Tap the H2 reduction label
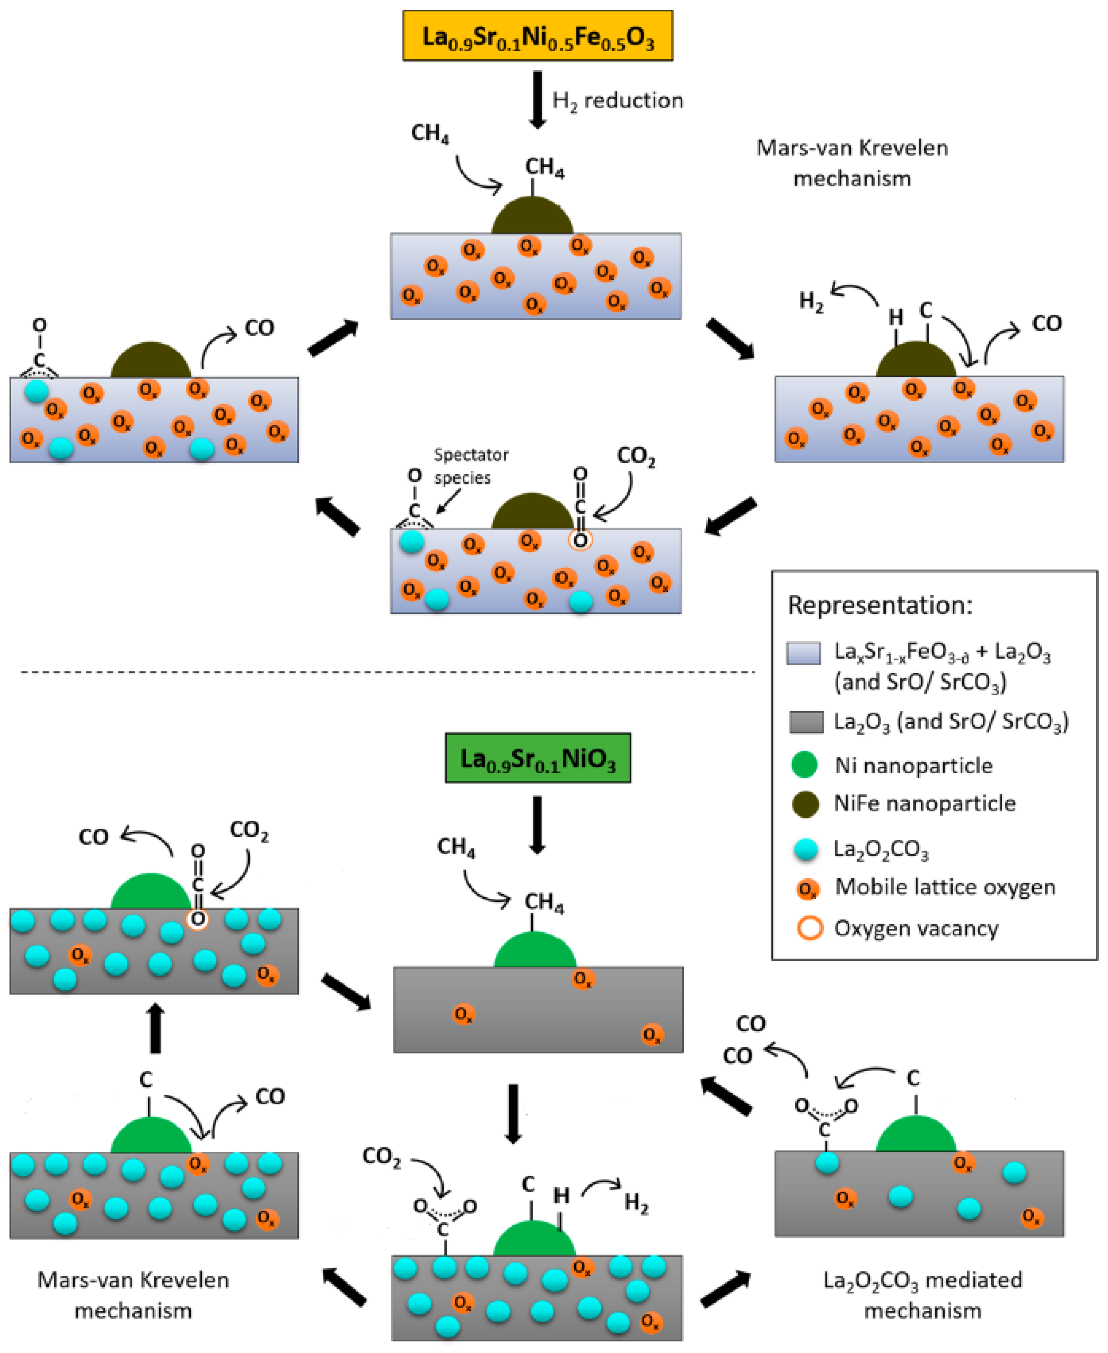(617, 101)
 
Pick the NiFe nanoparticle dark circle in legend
(805, 804)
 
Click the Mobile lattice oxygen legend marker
(807, 889)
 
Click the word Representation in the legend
(880, 605)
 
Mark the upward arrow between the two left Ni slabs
(155, 1028)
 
